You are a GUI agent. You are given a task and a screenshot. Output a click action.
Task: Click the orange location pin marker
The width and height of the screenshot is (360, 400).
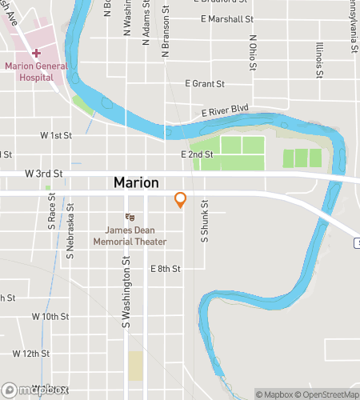(x=181, y=200)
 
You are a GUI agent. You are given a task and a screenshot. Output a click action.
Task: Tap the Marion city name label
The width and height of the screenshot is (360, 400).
(x=136, y=182)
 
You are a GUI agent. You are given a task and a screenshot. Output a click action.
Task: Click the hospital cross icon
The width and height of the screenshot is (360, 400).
(x=36, y=52)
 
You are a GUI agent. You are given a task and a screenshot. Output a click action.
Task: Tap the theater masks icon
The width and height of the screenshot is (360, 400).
(x=129, y=217)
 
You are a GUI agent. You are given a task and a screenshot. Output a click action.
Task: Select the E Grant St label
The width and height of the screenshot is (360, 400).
(x=205, y=83)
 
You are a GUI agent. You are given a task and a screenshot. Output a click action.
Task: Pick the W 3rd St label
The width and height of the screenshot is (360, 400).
(x=43, y=173)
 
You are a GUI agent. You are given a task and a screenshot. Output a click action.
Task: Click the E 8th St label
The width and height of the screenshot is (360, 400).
(x=166, y=269)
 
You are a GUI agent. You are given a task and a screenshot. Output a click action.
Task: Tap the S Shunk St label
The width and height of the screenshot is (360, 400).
(x=205, y=220)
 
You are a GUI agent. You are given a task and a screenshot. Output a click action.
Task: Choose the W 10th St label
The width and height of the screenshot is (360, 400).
(x=50, y=317)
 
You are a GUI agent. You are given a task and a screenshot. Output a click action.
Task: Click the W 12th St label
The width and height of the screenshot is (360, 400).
(x=31, y=353)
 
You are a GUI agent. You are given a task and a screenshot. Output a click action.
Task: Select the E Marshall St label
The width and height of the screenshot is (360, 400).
(x=226, y=18)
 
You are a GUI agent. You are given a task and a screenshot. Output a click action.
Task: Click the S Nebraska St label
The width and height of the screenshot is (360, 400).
(x=70, y=233)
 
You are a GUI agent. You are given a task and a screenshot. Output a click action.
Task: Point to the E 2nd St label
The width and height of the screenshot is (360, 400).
(x=197, y=154)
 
